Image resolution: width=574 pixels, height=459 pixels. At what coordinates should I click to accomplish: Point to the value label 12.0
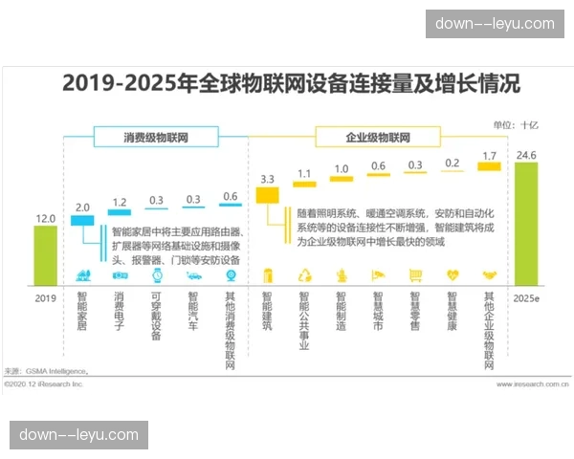[46, 218]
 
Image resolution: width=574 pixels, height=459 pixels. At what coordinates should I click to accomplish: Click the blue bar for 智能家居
[82, 220]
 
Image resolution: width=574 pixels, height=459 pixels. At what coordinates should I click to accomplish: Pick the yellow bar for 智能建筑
[267, 194]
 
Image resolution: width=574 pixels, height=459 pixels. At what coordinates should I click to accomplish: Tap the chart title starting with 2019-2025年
[291, 84]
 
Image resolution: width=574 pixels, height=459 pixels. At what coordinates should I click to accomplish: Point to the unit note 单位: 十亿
[516, 124]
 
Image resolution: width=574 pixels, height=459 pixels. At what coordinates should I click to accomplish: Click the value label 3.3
[267, 179]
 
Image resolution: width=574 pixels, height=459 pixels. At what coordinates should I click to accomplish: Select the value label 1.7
[490, 155]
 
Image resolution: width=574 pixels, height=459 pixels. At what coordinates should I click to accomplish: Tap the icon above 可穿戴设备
[156, 274]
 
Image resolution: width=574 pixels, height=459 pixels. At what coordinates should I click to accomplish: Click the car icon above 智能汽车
[193, 274]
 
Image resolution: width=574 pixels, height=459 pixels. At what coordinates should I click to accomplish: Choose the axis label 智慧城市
[378, 315]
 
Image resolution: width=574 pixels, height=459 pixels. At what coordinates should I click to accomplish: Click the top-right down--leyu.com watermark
[495, 24]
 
